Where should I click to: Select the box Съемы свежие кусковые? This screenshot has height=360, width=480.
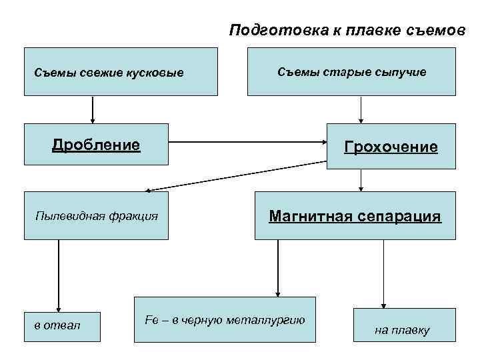(x=121, y=71)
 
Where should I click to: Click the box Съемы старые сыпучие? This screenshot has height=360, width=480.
(x=351, y=71)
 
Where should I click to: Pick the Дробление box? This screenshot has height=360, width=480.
(x=96, y=144)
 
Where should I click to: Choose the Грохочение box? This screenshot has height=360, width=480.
(x=391, y=145)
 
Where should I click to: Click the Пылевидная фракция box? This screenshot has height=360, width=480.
(x=96, y=215)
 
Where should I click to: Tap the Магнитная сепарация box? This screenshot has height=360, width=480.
(x=355, y=215)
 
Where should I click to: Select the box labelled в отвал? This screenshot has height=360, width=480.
(x=62, y=327)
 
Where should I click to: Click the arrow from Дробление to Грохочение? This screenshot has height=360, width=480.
(x=247, y=142)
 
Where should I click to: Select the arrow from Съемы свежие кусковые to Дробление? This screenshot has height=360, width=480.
(x=92, y=109)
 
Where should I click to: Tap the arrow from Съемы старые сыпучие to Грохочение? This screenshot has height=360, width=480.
(x=361, y=109)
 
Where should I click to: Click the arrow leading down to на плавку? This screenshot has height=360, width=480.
(x=383, y=273)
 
